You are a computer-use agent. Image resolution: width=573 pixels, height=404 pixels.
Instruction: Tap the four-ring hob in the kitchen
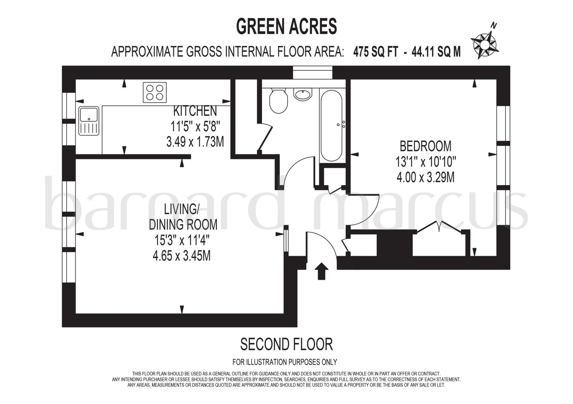(x=155, y=92)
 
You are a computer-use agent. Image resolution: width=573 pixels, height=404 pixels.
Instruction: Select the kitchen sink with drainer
(x=89, y=121)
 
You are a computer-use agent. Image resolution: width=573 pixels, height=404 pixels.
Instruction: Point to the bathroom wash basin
(x=303, y=94)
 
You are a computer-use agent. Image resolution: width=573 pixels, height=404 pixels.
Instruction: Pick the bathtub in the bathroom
(x=332, y=125)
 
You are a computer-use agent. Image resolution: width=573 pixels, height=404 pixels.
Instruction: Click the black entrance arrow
(x=321, y=271)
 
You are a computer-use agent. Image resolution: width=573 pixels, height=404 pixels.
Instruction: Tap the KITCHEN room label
(x=195, y=111)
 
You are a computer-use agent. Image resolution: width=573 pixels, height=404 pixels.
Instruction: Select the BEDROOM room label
(x=425, y=146)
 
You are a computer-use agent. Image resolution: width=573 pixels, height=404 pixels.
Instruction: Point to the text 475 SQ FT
(x=375, y=52)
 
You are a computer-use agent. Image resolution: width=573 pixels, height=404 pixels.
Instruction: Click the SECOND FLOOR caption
(x=286, y=344)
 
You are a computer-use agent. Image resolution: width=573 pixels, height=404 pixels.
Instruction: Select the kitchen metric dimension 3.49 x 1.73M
(x=195, y=142)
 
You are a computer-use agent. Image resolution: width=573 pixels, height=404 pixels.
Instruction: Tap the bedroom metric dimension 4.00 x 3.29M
(x=425, y=177)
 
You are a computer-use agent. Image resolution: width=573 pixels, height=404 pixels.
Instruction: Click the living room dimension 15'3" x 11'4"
(x=182, y=240)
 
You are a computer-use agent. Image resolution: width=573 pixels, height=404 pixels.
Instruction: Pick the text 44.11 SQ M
(x=436, y=52)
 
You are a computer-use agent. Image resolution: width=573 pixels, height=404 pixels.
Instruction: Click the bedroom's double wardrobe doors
(x=439, y=227)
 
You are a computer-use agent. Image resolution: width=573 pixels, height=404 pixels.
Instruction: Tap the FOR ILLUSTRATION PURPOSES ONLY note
(x=285, y=362)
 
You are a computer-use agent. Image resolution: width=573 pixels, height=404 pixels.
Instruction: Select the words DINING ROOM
(x=183, y=225)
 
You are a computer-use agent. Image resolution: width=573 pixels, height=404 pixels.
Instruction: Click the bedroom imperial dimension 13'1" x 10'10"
(x=426, y=161)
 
